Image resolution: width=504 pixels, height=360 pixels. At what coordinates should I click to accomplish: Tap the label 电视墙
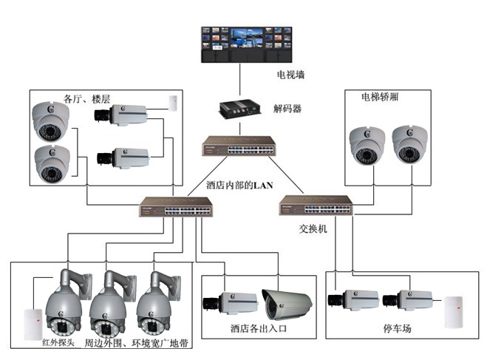290,75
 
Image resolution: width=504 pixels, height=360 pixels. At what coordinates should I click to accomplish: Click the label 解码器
287,109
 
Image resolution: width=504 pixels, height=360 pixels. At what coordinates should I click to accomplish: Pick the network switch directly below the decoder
238,146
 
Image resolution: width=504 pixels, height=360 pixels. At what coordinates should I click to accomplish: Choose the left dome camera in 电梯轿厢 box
368,145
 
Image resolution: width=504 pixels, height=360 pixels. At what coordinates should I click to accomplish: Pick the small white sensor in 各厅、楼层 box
173,102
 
